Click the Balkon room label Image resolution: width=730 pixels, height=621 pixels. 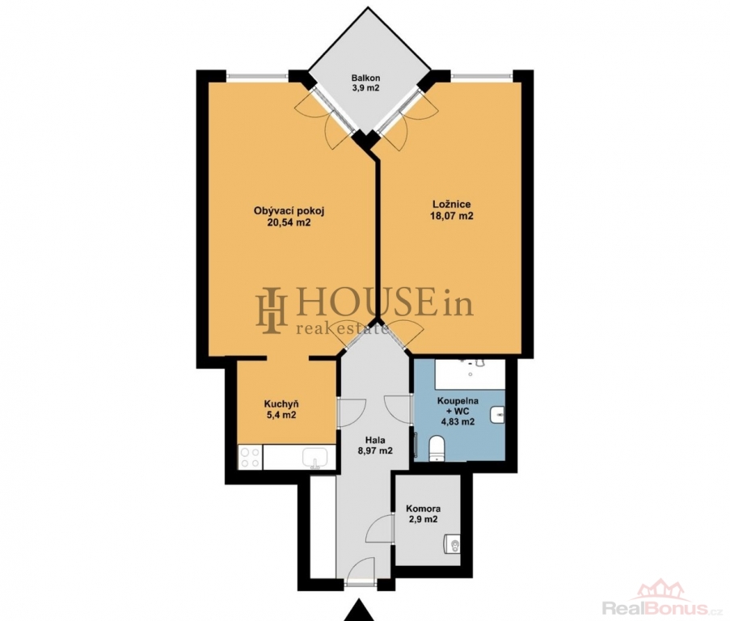pyautogui.click(x=365, y=78)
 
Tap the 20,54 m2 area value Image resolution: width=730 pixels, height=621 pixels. pyautogui.click(x=289, y=222)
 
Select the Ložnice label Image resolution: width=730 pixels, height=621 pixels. pyautogui.click(x=452, y=204)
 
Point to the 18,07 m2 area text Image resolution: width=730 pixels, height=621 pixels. pyautogui.click(x=452, y=216)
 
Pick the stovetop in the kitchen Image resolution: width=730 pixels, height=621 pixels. pyautogui.click(x=250, y=457)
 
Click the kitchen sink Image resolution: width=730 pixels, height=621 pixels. pyautogui.click(x=315, y=458)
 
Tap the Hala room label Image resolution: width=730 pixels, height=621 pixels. pyautogui.click(x=375, y=439)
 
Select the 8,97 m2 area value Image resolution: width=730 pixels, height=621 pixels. pyautogui.click(x=375, y=450)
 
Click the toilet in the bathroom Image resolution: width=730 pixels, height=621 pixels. pyautogui.click(x=437, y=448)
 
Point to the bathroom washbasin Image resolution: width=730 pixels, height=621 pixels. pyautogui.click(x=497, y=414)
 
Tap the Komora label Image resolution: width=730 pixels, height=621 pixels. pyautogui.click(x=423, y=509)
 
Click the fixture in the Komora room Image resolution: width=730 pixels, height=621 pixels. pyautogui.click(x=451, y=544)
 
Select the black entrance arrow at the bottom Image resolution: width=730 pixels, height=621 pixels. pyautogui.click(x=358, y=610)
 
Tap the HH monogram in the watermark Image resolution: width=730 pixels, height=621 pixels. pyautogui.click(x=271, y=310)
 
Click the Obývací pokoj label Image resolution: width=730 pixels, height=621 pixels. pyautogui.click(x=289, y=210)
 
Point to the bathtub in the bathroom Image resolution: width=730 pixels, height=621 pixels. pyautogui.click(x=470, y=374)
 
